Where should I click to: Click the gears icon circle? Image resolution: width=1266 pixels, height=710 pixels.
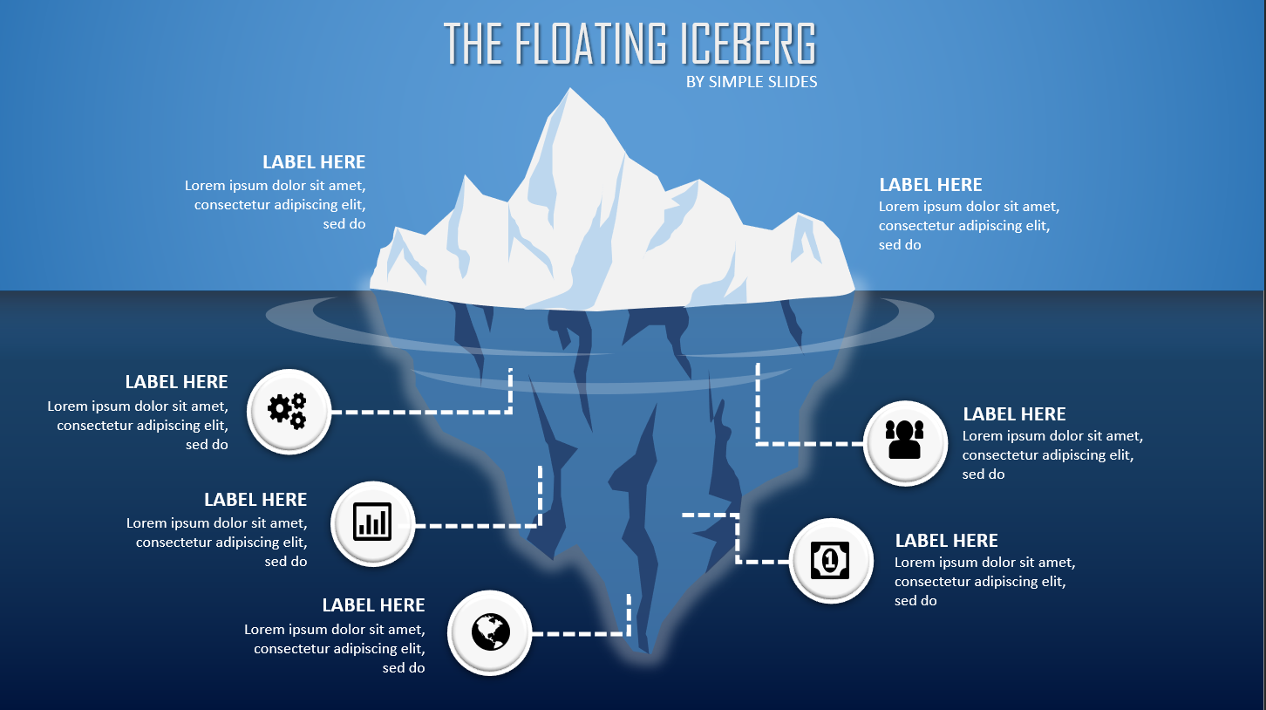click(289, 411)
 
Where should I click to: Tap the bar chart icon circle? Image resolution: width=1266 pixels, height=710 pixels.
click(373, 523)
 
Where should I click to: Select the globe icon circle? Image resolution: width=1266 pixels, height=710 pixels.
click(489, 632)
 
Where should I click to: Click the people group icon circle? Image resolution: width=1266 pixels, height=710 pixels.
click(904, 442)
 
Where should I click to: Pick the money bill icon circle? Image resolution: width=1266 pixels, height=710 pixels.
click(830, 561)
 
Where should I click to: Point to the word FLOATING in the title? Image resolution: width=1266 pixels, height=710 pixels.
click(590, 44)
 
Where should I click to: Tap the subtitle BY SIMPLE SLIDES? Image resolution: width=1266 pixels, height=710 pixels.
click(752, 82)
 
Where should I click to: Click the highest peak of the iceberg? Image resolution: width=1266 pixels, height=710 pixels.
click(571, 91)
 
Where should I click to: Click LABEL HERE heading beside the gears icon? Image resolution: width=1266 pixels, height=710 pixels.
click(176, 382)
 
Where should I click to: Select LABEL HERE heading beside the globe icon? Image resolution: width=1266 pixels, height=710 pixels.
click(373, 605)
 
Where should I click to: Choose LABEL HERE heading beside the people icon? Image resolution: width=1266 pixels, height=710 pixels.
click(1014, 414)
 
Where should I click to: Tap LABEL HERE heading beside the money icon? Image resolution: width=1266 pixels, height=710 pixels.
click(946, 541)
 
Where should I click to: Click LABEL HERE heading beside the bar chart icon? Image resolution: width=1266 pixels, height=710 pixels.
click(255, 500)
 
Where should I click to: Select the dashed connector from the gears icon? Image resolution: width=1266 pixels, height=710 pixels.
click(419, 411)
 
